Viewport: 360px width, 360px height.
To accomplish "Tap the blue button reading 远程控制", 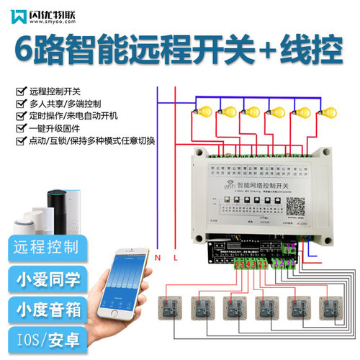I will [45, 247].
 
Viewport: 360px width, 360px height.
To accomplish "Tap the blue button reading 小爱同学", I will [45, 278].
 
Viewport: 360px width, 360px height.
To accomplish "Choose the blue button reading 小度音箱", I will [45, 309].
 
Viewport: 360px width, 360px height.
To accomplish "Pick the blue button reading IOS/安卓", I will [45, 339].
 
